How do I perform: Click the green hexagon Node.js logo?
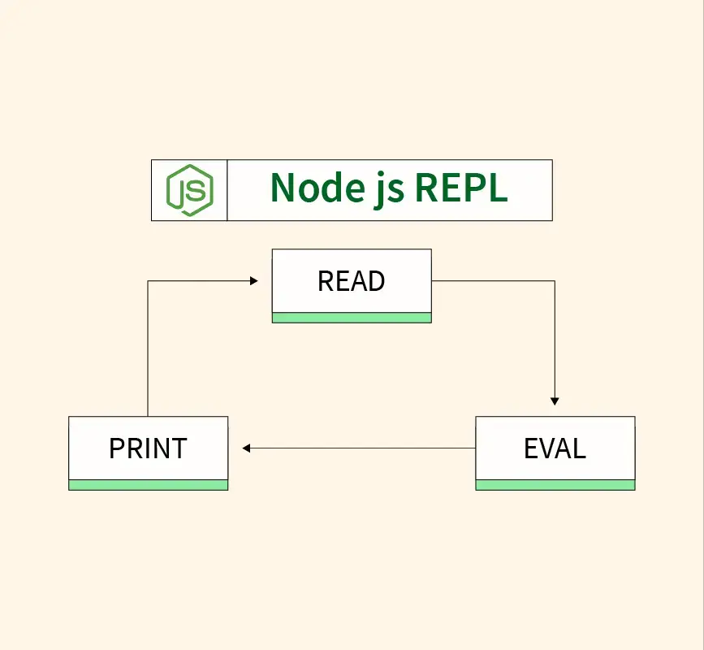tap(189, 190)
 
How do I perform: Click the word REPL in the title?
tap(461, 188)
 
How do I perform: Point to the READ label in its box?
tap(351, 281)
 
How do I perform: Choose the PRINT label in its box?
tap(148, 448)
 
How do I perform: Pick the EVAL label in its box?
tap(555, 448)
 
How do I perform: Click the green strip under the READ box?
tap(351, 318)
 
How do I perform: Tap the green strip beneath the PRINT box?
tap(148, 485)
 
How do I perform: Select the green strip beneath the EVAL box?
tap(555, 485)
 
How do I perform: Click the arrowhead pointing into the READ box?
tap(253, 281)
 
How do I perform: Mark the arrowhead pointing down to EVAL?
tap(555, 400)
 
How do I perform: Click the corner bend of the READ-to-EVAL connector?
tap(555, 281)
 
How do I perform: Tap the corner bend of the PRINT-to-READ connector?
tap(148, 281)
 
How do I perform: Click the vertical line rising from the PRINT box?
tap(148, 349)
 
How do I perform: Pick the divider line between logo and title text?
tap(227, 190)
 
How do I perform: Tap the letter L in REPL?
tap(497, 188)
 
